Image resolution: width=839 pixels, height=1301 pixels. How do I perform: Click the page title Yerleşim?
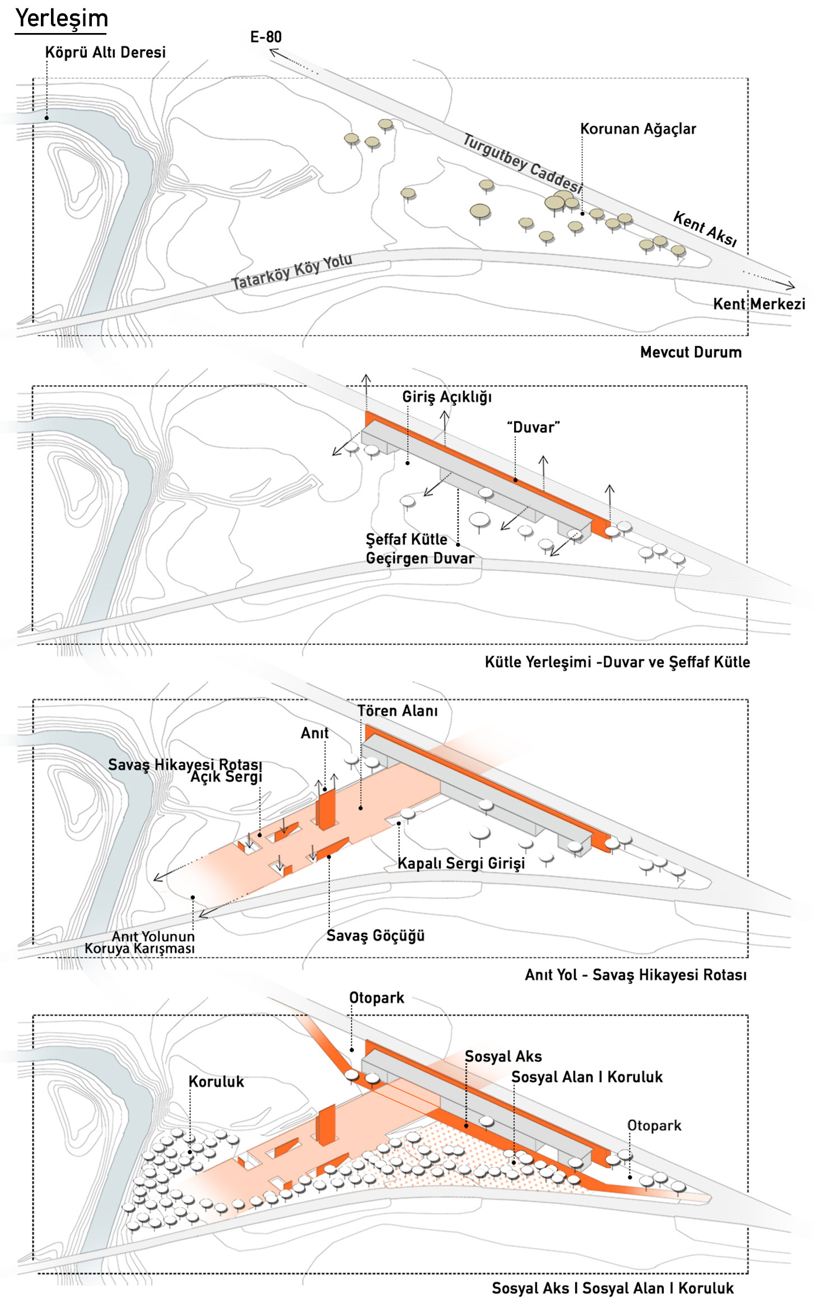pyautogui.click(x=62, y=18)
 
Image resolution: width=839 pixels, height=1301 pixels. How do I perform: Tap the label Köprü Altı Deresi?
pyautogui.click(x=105, y=53)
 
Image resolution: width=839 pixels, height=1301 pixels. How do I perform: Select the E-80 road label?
pyautogui.click(x=265, y=38)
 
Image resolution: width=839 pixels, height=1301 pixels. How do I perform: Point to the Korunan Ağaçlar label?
pyautogui.click(x=638, y=129)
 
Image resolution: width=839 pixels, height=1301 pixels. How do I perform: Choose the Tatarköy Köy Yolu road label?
pyautogui.click(x=292, y=271)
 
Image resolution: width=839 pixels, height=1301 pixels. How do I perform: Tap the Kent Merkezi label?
pyautogui.click(x=759, y=304)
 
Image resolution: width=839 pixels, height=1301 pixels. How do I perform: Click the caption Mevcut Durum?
pyautogui.click(x=691, y=352)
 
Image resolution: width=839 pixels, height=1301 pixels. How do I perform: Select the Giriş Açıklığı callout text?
pyautogui.click(x=447, y=397)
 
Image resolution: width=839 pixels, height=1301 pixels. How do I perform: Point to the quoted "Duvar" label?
pyautogui.click(x=533, y=427)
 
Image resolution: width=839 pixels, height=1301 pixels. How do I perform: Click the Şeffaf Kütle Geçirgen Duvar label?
pyautogui.click(x=420, y=549)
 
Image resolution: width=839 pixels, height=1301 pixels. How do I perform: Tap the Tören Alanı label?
pyautogui.click(x=398, y=711)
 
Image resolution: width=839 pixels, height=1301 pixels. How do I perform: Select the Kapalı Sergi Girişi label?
pyautogui.click(x=462, y=863)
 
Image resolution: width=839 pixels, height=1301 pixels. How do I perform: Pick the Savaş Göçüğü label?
pyautogui.click(x=375, y=935)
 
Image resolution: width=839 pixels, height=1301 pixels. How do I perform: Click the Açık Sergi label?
pyautogui.click(x=226, y=777)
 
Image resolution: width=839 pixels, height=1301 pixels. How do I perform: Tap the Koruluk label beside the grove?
pyautogui.click(x=216, y=1081)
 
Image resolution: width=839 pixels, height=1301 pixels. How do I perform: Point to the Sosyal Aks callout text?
pyautogui.click(x=504, y=1056)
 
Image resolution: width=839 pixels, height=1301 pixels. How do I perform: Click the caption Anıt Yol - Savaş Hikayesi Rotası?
pyautogui.click(x=636, y=975)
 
